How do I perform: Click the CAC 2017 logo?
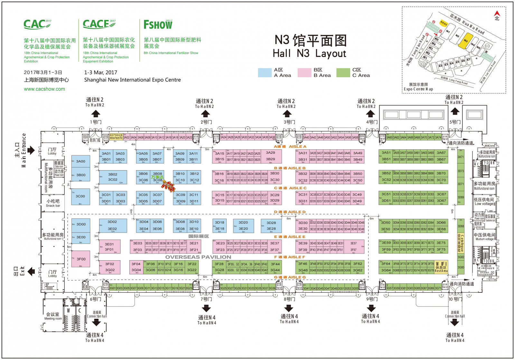click(37, 24)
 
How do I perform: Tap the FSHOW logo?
click(158, 24)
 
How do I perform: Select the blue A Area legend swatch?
click(265, 73)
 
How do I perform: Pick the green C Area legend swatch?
click(343, 73)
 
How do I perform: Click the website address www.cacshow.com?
click(44, 89)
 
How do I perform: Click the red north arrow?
click(497, 14)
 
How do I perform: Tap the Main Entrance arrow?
click(31, 150)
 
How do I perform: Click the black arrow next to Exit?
click(31, 272)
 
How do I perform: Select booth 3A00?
click(80, 162)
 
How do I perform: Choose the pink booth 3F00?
click(80, 259)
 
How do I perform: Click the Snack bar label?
click(53, 203)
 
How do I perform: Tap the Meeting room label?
click(53, 316)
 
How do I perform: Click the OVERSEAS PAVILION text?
click(198, 257)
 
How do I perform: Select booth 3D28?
click(271, 225)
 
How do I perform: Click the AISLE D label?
click(290, 212)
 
